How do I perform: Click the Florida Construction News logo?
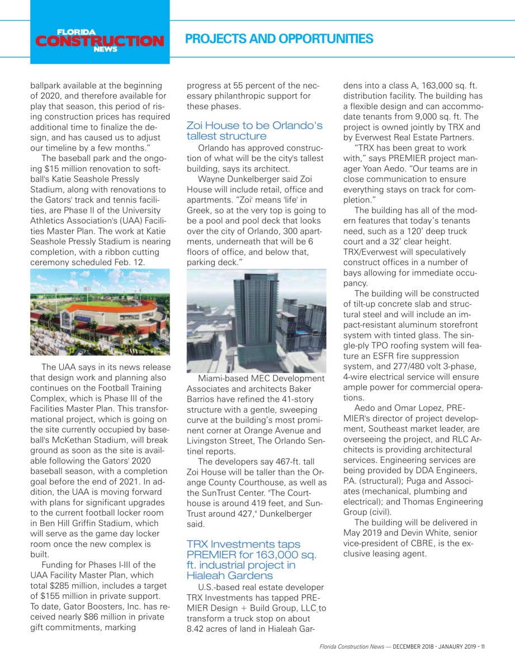point(100,40)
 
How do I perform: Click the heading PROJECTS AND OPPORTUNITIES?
point(278,39)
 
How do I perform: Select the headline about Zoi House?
point(254,130)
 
